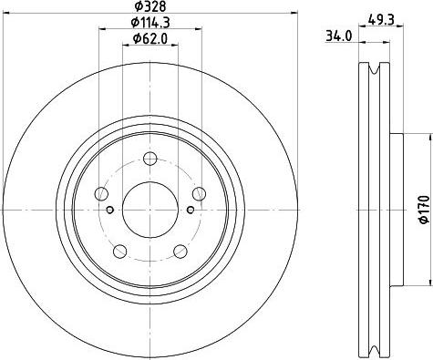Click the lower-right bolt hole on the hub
click(x=181, y=251)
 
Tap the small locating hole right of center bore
click(x=191, y=211)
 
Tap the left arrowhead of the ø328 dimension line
click(x=6, y=12)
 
